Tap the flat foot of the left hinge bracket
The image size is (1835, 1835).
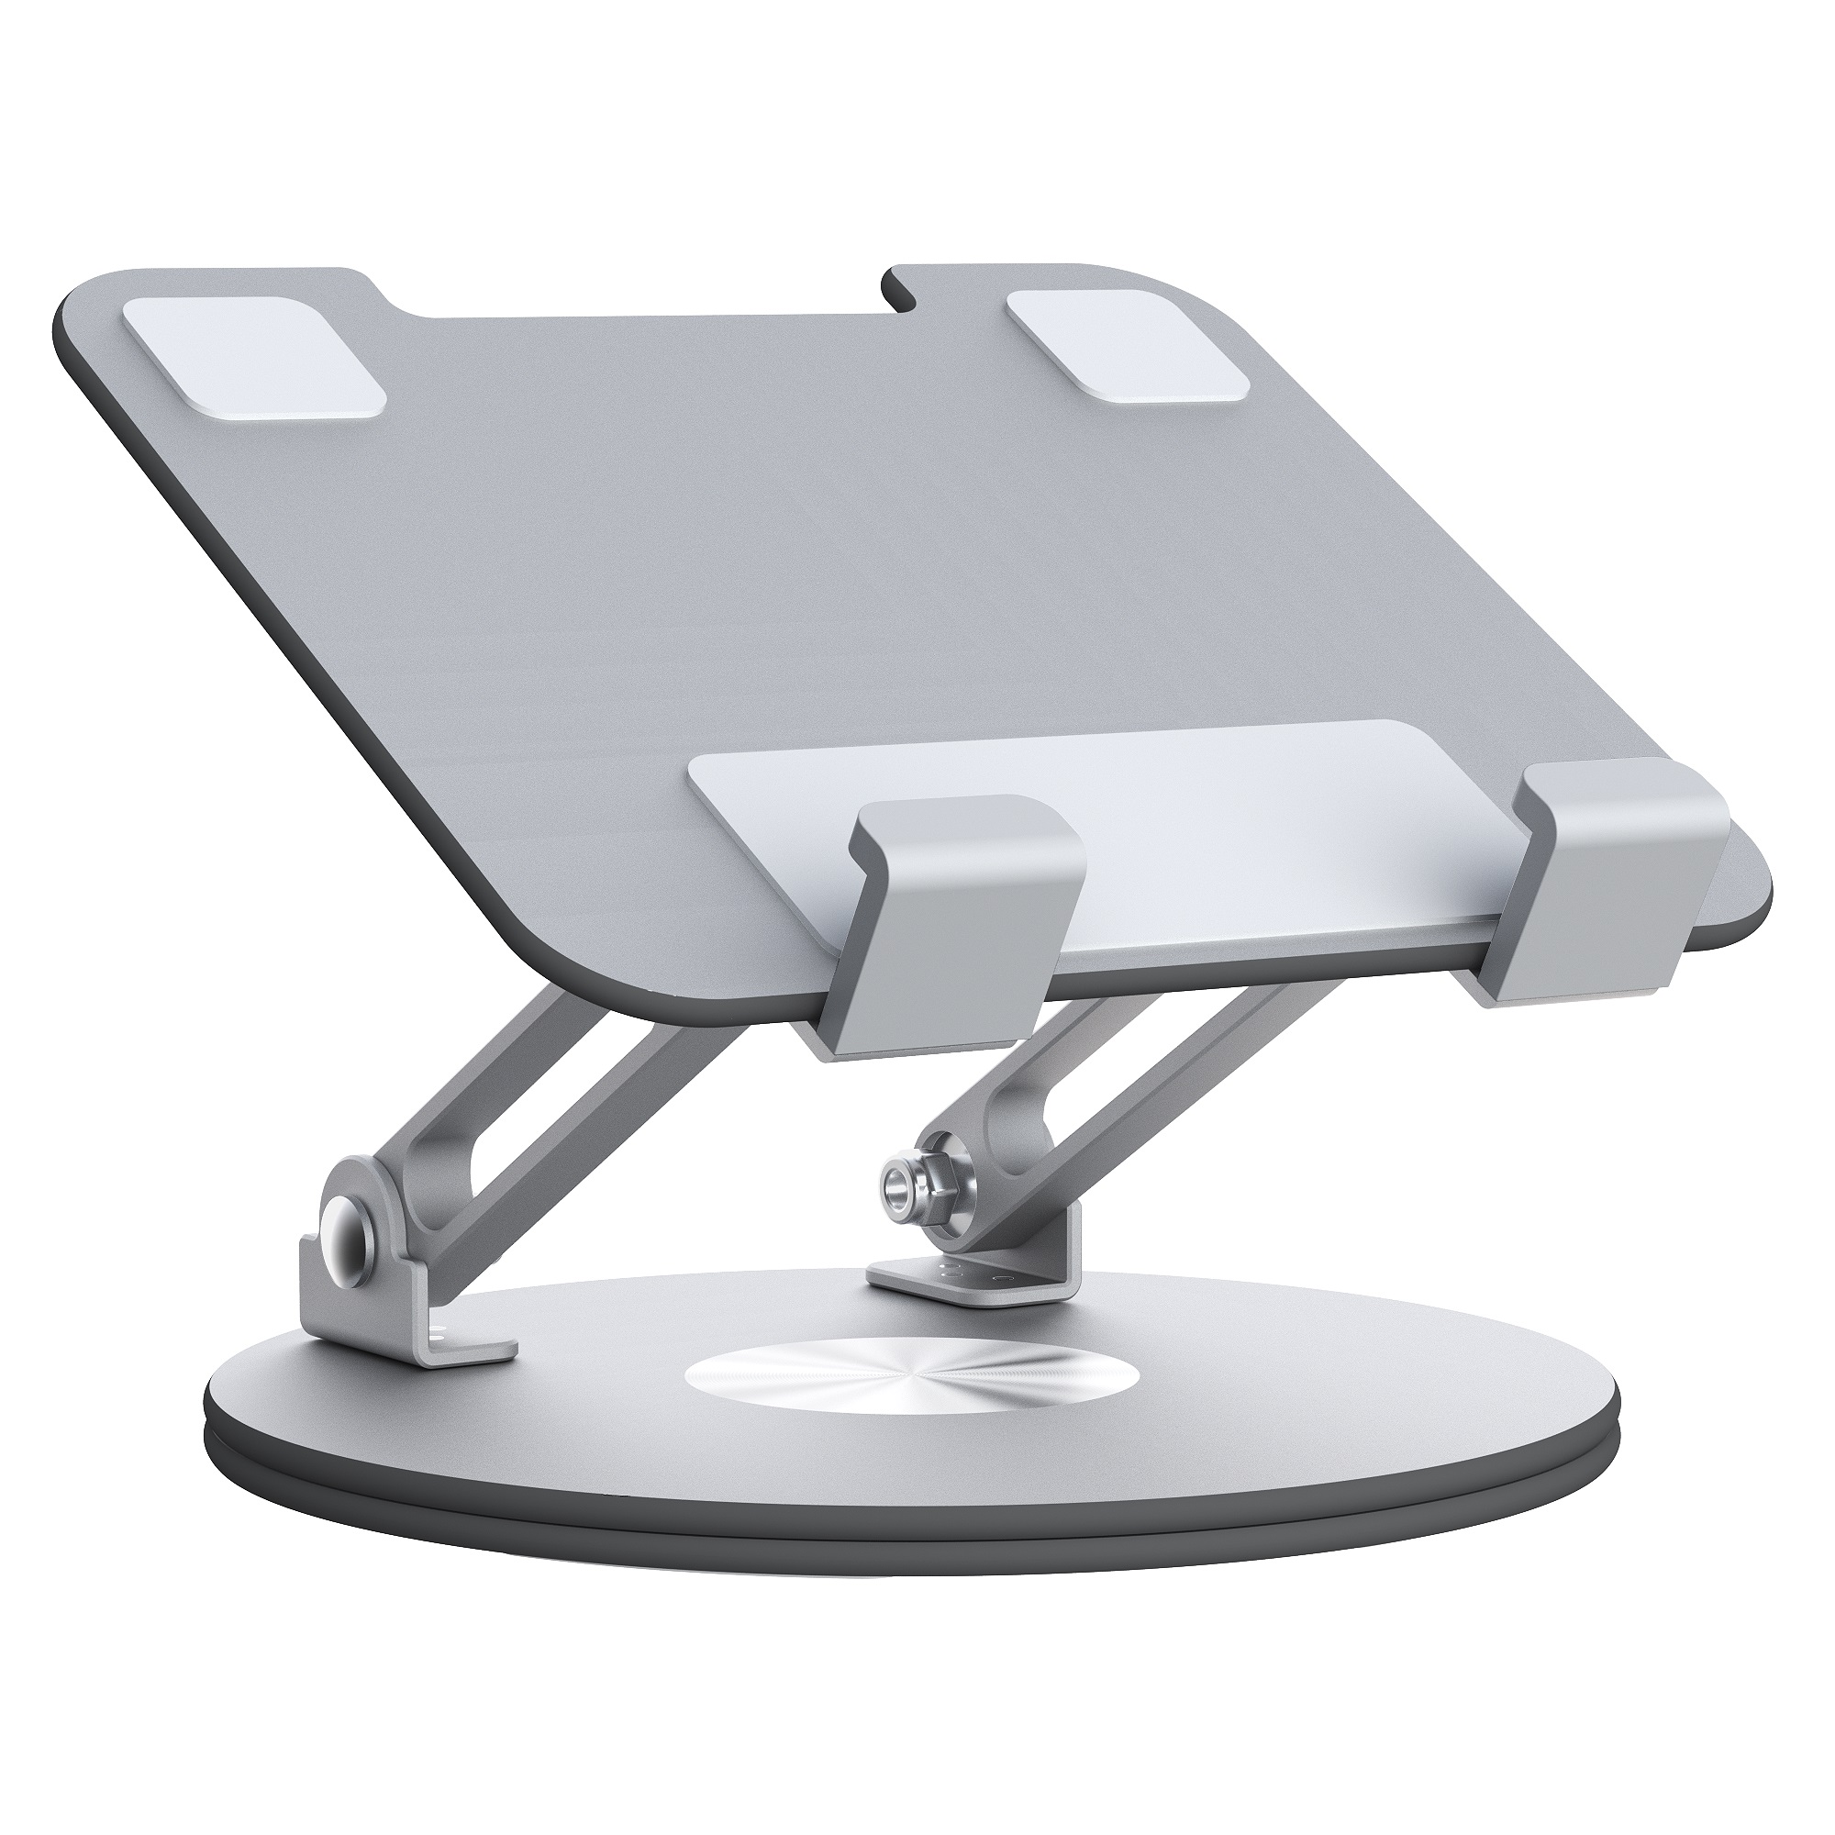pyautogui.click(x=465, y=1343)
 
